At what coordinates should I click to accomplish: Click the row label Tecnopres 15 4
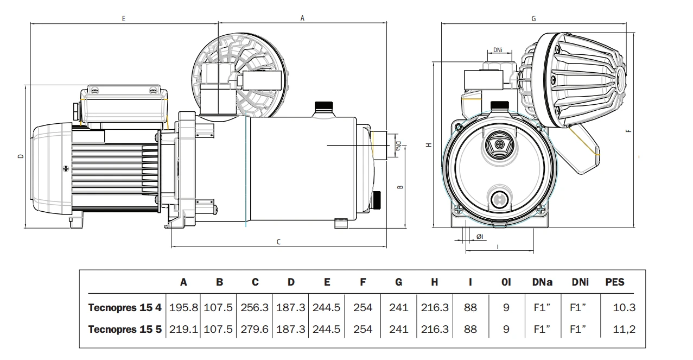tap(125, 307)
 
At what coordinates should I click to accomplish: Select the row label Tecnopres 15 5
tap(125, 329)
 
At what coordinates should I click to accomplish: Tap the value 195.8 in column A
tap(183, 307)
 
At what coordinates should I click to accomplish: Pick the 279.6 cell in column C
tap(255, 329)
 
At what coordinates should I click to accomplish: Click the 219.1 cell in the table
tap(183, 329)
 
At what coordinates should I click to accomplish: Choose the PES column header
tap(615, 282)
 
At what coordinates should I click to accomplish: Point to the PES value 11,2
tap(624, 329)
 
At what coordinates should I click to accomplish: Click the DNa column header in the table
tap(542, 282)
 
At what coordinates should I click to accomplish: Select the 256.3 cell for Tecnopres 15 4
tap(255, 307)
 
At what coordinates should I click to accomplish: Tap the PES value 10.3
tap(624, 307)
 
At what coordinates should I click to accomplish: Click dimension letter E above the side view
tap(124, 18)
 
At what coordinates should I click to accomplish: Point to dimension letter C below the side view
tap(278, 242)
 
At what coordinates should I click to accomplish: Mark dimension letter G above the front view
tap(533, 18)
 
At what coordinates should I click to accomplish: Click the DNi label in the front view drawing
tap(498, 50)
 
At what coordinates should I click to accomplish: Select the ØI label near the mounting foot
tap(480, 237)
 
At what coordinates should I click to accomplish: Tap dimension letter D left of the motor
tap(21, 156)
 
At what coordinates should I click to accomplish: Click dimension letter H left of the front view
tap(428, 145)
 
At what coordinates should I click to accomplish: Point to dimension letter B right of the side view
tap(400, 187)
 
